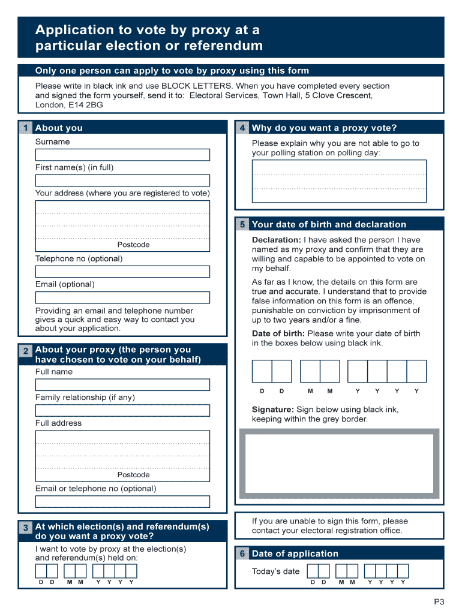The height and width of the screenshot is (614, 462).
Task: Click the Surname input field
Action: coord(122,155)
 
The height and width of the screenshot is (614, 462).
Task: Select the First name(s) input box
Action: coord(122,180)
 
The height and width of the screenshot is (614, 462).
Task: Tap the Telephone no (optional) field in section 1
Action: coord(122,272)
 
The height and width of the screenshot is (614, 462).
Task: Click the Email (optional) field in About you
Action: coord(122,297)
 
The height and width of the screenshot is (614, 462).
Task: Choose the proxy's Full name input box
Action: coord(122,384)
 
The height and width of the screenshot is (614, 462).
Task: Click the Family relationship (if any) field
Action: coord(122,410)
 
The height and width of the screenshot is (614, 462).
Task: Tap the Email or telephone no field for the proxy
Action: coord(122,501)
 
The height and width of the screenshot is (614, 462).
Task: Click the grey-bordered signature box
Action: coord(339,466)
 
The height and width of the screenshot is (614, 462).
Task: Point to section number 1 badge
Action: coord(25,128)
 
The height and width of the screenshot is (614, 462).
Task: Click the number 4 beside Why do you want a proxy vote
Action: coord(242,128)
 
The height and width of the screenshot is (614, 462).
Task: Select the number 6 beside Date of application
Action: coord(242,553)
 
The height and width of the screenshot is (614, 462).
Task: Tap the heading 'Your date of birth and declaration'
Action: coord(329,224)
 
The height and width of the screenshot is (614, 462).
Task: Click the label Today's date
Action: coord(275,571)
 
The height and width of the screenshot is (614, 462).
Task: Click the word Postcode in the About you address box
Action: coord(133,245)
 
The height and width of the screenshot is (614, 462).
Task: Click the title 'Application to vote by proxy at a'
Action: coord(147,30)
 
